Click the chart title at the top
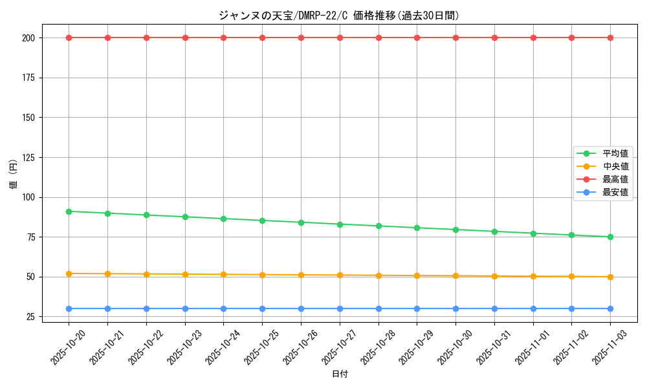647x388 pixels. (x=339, y=16)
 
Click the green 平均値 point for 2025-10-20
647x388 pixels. (x=69, y=211)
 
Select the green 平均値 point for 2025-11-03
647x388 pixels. (x=610, y=237)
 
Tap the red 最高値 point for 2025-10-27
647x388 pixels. (x=340, y=38)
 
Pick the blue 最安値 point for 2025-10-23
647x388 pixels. (x=185, y=308)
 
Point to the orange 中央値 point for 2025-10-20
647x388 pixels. (x=69, y=274)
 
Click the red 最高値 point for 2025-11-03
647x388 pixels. (x=610, y=38)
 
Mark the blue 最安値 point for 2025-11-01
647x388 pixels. (x=533, y=308)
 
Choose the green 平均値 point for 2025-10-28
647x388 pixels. (x=378, y=226)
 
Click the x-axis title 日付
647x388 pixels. (x=339, y=374)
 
